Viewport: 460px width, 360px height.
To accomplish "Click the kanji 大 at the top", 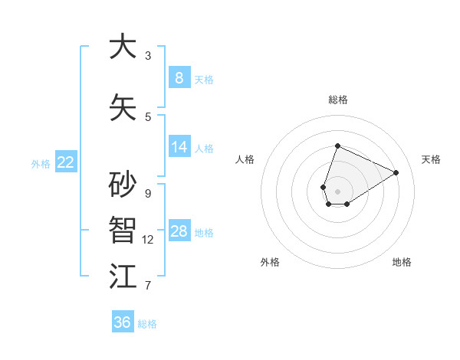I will (x=123, y=47).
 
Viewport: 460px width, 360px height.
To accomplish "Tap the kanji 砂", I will (x=123, y=185).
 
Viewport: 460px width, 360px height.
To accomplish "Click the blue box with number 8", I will (x=179, y=78).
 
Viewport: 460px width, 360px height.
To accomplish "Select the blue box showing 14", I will (x=179, y=147).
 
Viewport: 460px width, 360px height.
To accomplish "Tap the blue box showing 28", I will (x=179, y=231).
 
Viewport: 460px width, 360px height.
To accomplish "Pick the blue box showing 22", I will (x=66, y=162).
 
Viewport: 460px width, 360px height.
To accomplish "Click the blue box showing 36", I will (x=122, y=322).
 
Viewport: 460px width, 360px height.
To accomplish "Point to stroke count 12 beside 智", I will (x=148, y=240).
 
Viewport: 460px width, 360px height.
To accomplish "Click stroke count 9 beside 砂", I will (x=148, y=193).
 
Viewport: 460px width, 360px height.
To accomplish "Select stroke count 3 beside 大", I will (x=148, y=55).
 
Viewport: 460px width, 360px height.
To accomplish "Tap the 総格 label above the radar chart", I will (x=337, y=100).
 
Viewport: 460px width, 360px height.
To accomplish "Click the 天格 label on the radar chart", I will (x=431, y=159).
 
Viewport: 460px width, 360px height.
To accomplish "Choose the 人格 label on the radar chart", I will (x=245, y=159).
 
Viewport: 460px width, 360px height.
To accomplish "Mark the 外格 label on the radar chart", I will (x=270, y=262).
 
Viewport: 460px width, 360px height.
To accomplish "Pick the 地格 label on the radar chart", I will (x=402, y=262).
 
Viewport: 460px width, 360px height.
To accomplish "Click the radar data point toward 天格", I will (x=396, y=173).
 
